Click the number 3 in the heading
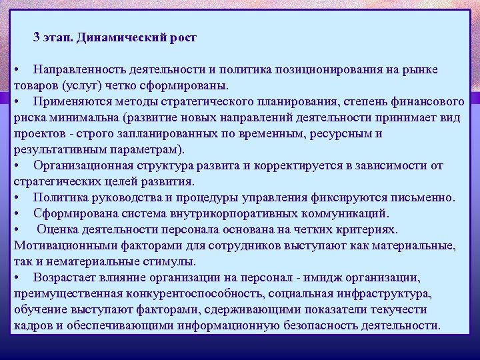tap(37, 37)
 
